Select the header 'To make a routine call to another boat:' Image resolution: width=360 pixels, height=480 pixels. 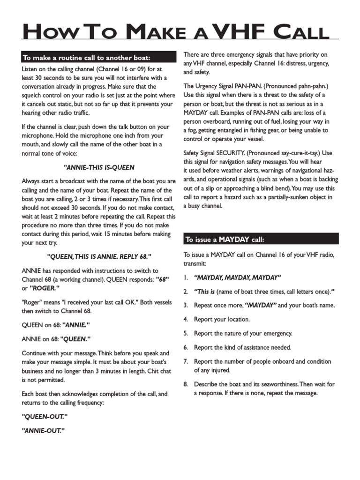point(86,58)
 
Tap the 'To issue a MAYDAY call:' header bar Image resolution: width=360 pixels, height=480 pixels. point(225,240)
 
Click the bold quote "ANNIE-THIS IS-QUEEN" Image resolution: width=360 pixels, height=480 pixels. point(99,167)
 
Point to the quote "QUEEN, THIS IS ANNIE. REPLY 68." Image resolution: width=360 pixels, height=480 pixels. point(99,256)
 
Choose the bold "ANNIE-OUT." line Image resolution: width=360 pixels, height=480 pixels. point(43,430)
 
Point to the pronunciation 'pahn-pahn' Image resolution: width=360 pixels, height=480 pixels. point(307,86)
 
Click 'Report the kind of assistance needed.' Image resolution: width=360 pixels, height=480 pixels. point(243,347)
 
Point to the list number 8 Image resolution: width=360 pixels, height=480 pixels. point(186,384)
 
